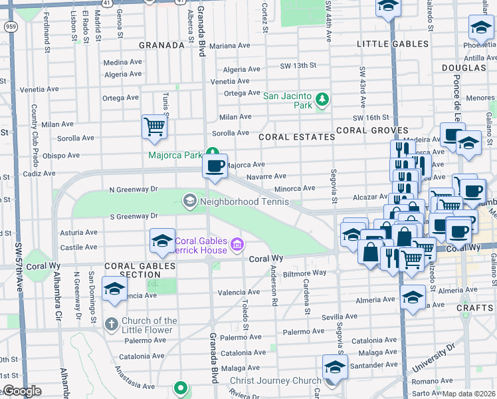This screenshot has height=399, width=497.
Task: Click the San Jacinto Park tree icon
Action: point(322,100)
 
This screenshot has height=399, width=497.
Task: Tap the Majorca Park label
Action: point(175,156)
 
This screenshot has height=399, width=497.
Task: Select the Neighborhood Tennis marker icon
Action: point(189,200)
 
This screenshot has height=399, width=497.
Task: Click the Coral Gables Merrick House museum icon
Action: point(236,246)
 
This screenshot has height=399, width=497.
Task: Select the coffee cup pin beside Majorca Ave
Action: point(215,166)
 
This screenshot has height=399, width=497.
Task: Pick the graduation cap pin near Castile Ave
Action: point(162,241)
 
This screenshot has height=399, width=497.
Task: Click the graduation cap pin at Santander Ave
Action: point(335,368)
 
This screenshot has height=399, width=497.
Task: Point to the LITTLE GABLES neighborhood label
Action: point(393,44)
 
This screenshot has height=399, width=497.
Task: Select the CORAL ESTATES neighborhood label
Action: point(296,137)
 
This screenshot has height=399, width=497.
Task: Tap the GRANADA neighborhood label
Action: point(161,46)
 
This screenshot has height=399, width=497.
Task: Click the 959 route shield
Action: point(10,26)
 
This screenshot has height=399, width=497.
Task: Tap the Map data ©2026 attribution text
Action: point(469,394)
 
